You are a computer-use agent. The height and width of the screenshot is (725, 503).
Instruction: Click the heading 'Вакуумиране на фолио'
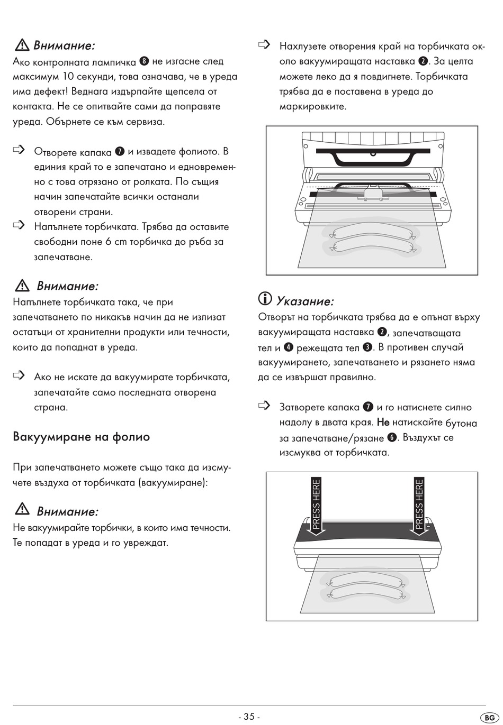(x=81, y=437)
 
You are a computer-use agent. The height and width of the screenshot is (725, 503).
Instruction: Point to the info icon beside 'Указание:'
(x=265, y=299)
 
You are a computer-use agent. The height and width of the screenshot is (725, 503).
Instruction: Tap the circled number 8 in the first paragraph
(x=144, y=61)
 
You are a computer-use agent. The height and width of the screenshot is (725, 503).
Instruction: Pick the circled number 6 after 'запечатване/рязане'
(x=392, y=437)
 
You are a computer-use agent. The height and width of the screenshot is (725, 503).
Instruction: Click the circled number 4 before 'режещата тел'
(x=289, y=347)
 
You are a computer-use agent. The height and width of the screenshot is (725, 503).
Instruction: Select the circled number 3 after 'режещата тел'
(x=367, y=347)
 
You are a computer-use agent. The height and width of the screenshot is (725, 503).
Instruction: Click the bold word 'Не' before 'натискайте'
(x=383, y=423)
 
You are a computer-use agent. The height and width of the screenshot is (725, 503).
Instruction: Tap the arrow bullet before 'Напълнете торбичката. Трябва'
(x=19, y=226)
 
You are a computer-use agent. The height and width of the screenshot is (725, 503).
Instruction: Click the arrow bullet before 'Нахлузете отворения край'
(x=264, y=45)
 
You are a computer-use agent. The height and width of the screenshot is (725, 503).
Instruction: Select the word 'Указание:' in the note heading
(x=305, y=301)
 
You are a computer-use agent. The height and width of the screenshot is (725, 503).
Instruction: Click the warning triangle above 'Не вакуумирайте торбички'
(x=22, y=509)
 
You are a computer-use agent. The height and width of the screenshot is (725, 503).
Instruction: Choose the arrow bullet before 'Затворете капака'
(x=264, y=406)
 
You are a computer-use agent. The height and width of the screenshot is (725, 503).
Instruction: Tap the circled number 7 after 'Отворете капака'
(x=120, y=152)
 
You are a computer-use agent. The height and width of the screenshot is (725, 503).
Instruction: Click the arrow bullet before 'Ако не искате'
(x=19, y=376)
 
